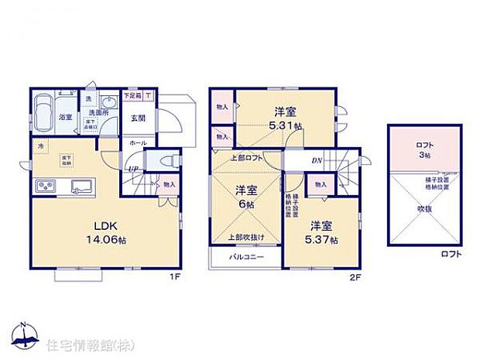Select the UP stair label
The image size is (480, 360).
[x=133, y=168]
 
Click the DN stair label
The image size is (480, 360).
[x=316, y=160]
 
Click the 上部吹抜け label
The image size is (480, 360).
[x=245, y=236]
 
